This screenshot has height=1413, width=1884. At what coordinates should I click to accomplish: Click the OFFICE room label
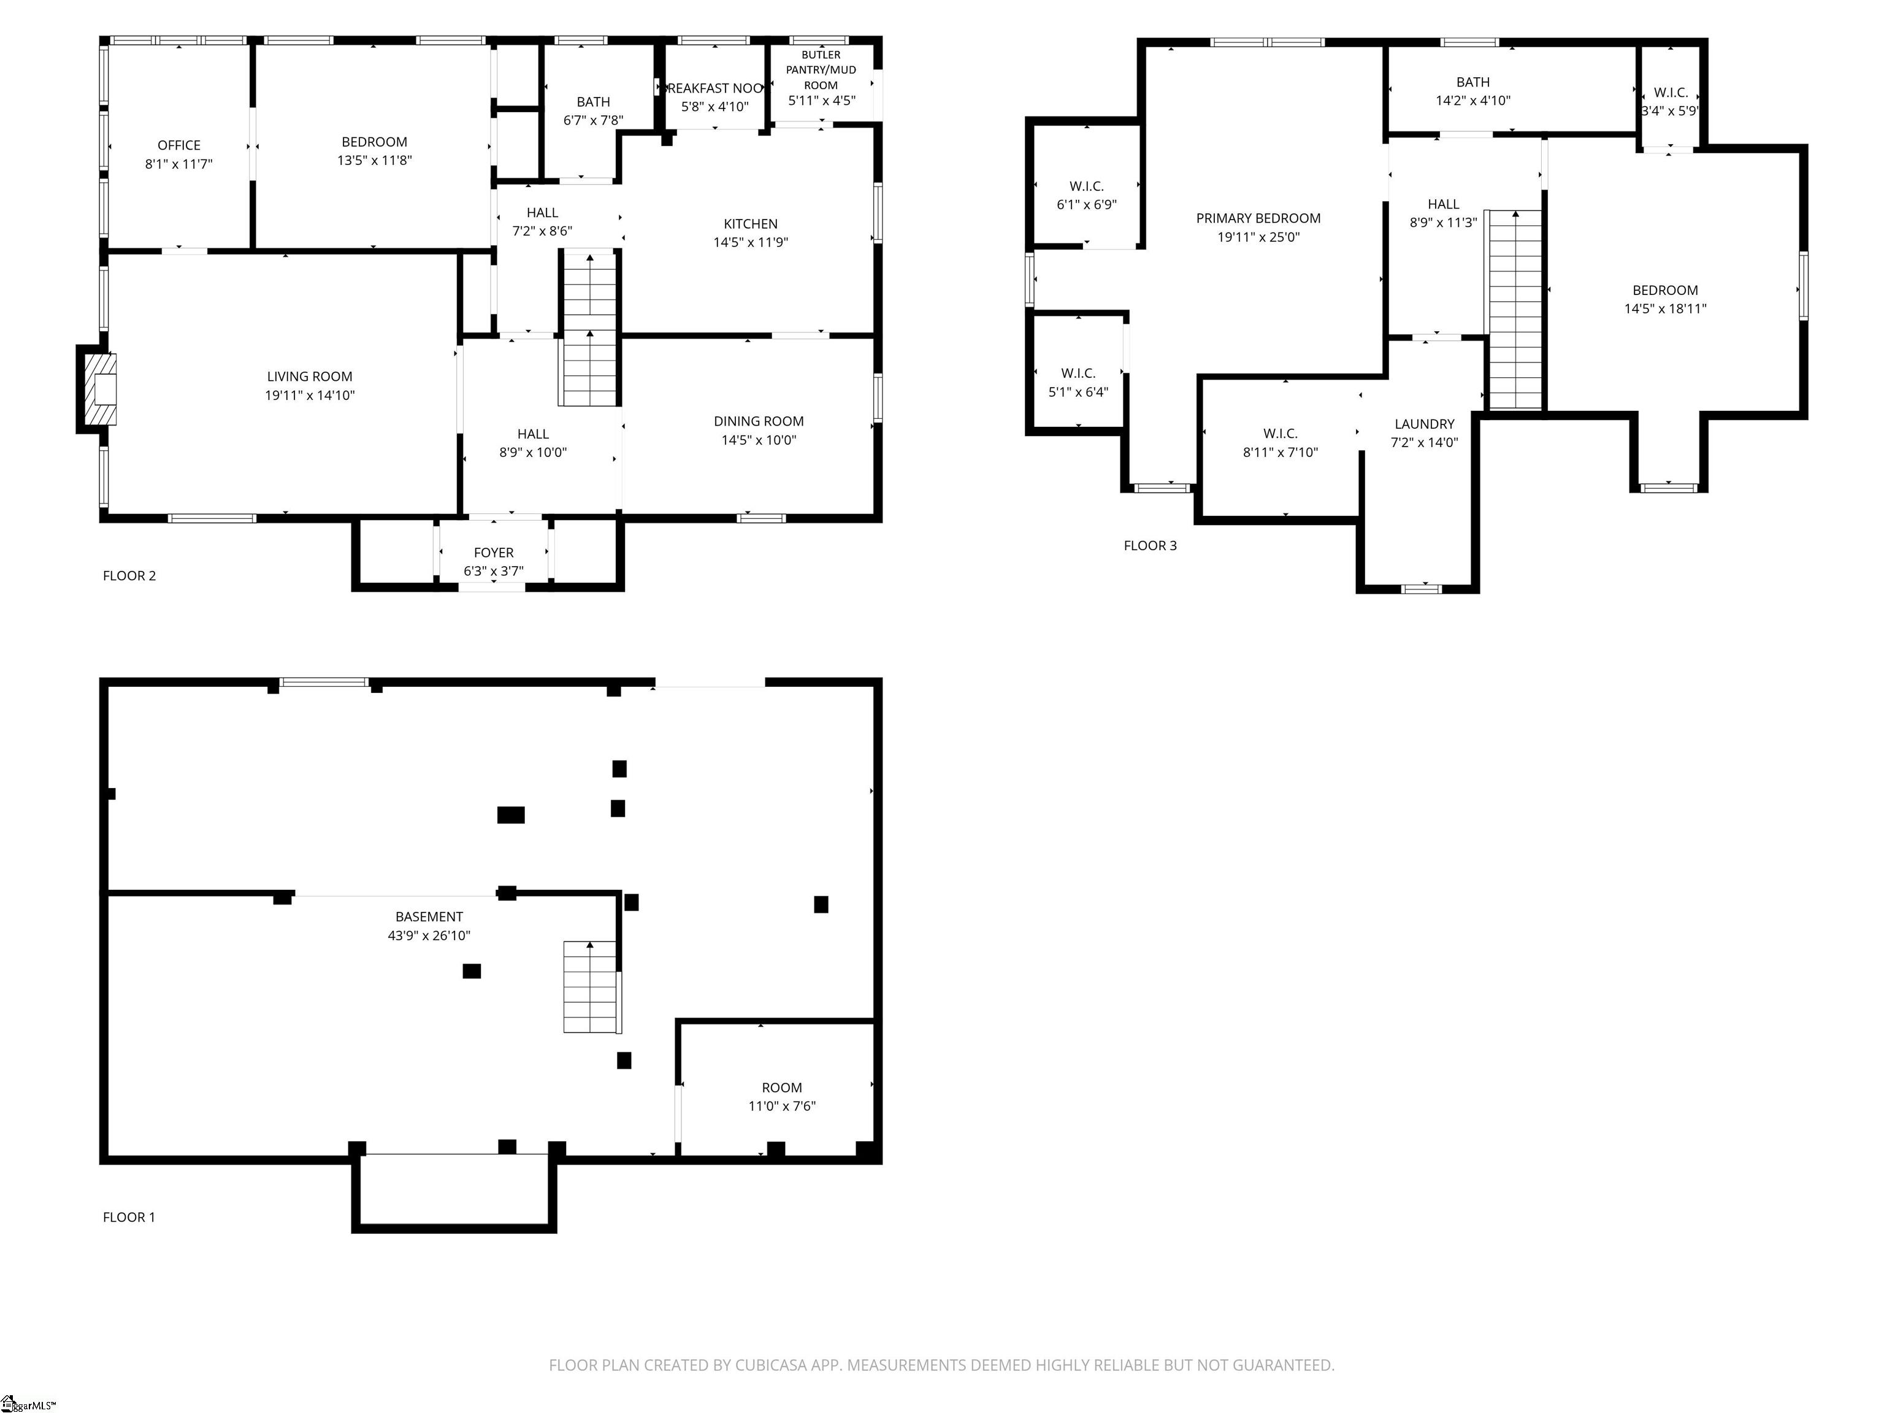click(179, 145)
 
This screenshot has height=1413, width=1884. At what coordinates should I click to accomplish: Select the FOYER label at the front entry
click(493, 553)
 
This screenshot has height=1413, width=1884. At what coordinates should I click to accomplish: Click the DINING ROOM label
click(758, 421)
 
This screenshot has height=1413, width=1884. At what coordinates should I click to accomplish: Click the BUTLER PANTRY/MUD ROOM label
click(821, 70)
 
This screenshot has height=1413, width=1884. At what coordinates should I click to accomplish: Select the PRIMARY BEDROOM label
click(1258, 219)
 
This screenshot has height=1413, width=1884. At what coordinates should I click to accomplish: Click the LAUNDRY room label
click(1424, 424)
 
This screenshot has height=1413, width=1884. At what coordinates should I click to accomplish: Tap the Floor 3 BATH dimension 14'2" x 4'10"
click(1472, 101)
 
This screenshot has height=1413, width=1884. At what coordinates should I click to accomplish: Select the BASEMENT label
click(429, 917)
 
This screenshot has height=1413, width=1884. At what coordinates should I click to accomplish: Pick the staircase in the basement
click(590, 987)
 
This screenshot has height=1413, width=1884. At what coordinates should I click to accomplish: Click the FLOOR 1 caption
click(129, 1217)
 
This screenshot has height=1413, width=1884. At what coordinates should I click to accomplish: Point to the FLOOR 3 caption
click(1150, 546)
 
